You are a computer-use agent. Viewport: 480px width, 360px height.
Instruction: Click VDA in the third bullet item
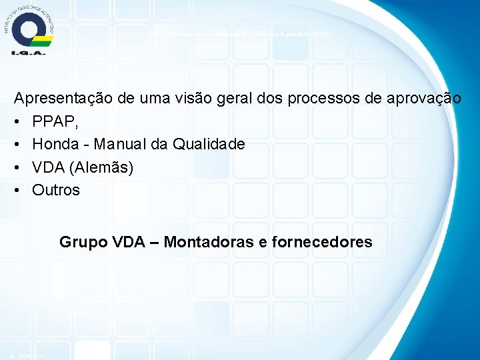pos(49,167)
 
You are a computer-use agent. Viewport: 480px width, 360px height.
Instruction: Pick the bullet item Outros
pos(56,190)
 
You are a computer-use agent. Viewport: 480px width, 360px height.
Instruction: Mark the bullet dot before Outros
pos(18,190)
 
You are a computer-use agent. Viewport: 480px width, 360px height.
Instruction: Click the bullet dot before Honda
pos(18,144)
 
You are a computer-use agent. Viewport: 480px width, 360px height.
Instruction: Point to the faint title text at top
pos(239,33)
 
